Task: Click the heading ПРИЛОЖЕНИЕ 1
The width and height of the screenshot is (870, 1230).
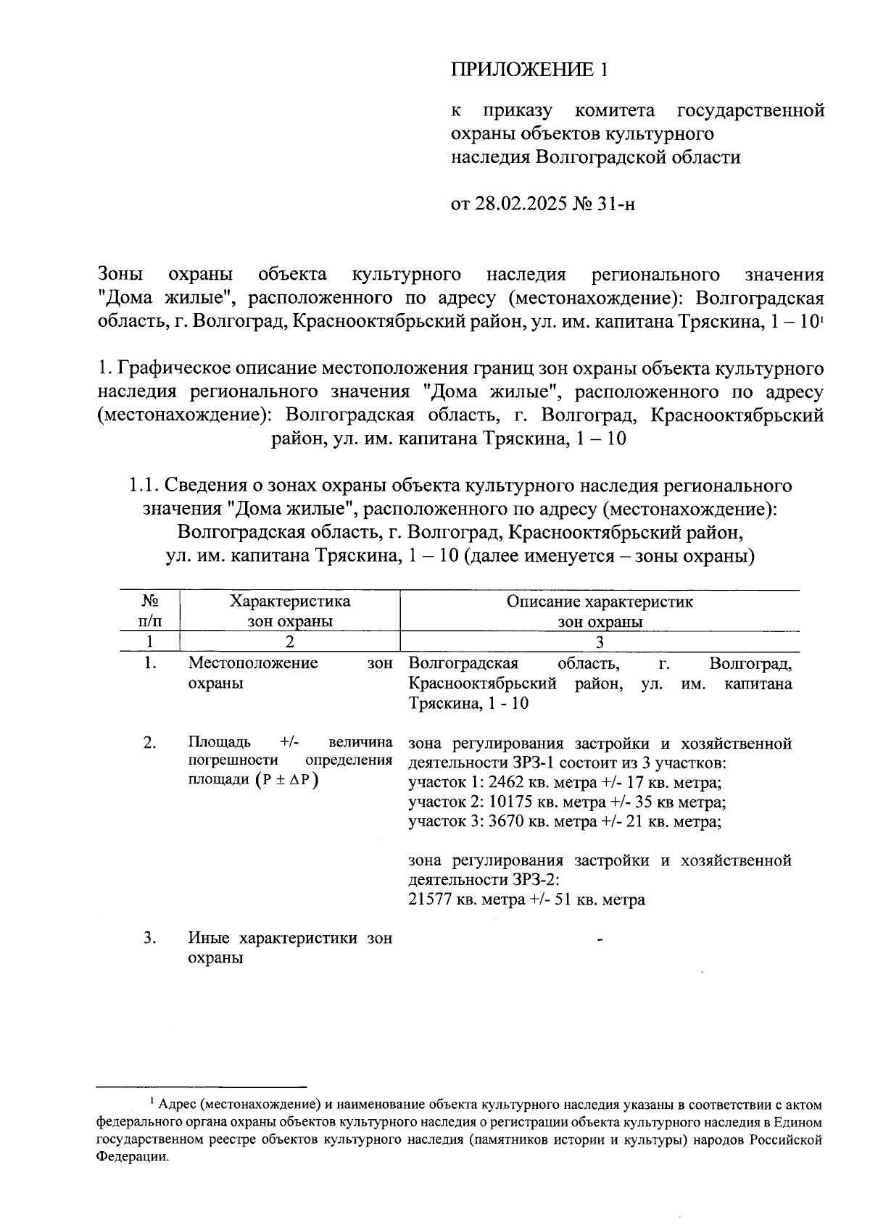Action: tap(528, 70)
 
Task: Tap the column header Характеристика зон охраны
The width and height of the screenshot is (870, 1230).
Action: tap(289, 611)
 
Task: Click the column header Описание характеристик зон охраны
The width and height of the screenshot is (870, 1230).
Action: tap(600, 611)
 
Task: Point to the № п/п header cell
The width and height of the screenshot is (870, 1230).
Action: tap(149, 611)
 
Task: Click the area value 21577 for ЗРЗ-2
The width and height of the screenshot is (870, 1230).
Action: tap(430, 900)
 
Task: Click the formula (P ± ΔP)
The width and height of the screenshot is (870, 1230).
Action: tap(287, 780)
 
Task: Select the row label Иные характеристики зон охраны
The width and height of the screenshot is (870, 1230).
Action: tap(289, 947)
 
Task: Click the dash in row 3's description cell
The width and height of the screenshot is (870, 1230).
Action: tap(600, 940)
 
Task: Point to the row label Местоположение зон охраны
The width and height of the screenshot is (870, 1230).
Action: tap(289, 673)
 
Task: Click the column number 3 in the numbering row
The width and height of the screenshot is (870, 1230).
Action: tap(600, 642)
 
